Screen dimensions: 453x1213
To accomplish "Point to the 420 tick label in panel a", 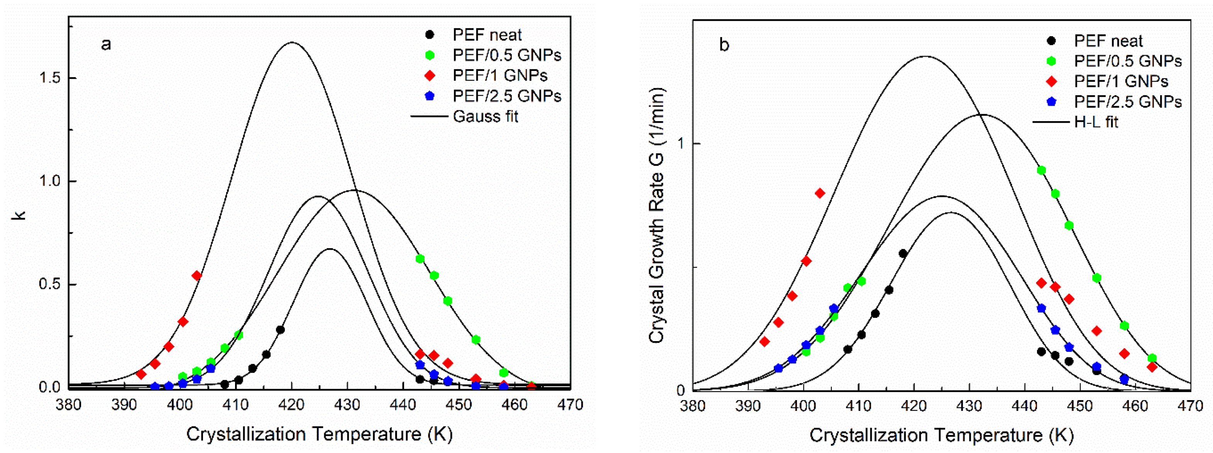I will (291, 405).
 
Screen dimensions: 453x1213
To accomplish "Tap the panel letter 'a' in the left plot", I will (106, 44).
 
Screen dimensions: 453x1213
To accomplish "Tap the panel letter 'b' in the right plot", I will (724, 45).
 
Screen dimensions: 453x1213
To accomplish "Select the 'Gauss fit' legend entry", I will (485, 116).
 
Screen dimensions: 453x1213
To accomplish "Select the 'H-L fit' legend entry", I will (1096, 122).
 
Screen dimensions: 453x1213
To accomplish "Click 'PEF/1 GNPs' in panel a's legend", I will (500, 75).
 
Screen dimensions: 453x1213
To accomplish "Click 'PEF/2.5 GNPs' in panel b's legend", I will (1127, 102).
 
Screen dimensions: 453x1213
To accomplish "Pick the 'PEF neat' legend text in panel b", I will (1108, 41).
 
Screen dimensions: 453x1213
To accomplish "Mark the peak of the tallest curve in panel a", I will (292, 42).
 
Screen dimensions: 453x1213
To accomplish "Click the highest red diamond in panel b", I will (820, 193).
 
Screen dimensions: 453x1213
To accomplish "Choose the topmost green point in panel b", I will (1042, 171).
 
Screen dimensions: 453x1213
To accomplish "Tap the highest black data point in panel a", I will (280, 330).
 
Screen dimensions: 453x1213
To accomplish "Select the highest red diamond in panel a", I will (197, 276).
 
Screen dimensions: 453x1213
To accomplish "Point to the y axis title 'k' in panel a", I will (19, 215).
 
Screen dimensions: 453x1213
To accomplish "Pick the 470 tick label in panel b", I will (1190, 406).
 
